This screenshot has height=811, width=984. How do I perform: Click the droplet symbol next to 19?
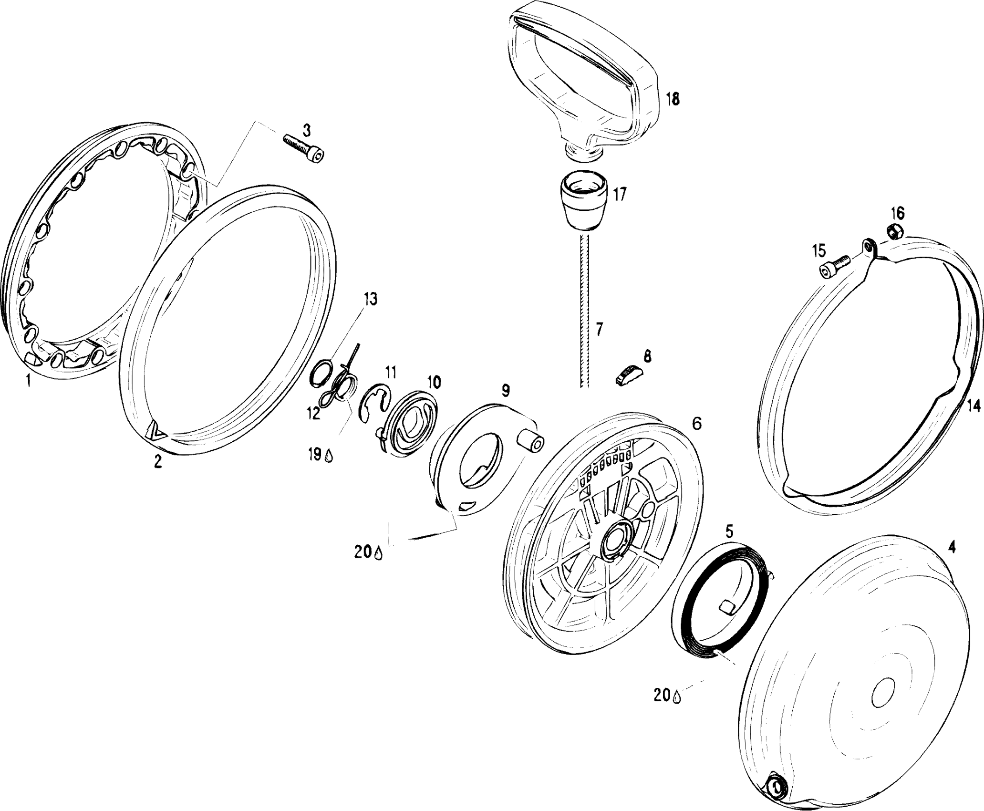329,457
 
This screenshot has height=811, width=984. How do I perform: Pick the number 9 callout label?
505,391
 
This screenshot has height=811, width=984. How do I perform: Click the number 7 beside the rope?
599,329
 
